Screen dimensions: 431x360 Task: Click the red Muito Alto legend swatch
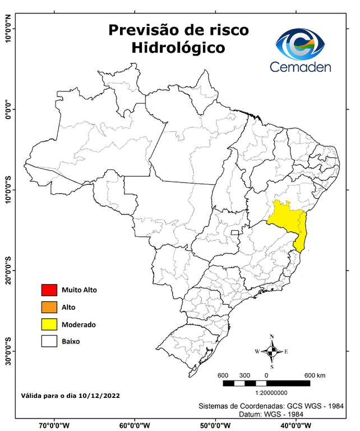click(x=49, y=290)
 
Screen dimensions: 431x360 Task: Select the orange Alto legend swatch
click(x=49, y=307)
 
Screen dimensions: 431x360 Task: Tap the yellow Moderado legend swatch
click(x=49, y=324)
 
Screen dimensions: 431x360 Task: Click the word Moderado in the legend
click(x=79, y=324)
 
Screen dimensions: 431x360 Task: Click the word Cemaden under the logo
click(x=301, y=67)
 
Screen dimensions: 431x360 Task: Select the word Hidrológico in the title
click(x=178, y=48)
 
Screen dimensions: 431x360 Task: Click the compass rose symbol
click(x=271, y=352)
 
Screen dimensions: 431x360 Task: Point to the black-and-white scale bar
click(x=266, y=383)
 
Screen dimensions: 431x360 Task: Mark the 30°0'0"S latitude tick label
click(x=8, y=351)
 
